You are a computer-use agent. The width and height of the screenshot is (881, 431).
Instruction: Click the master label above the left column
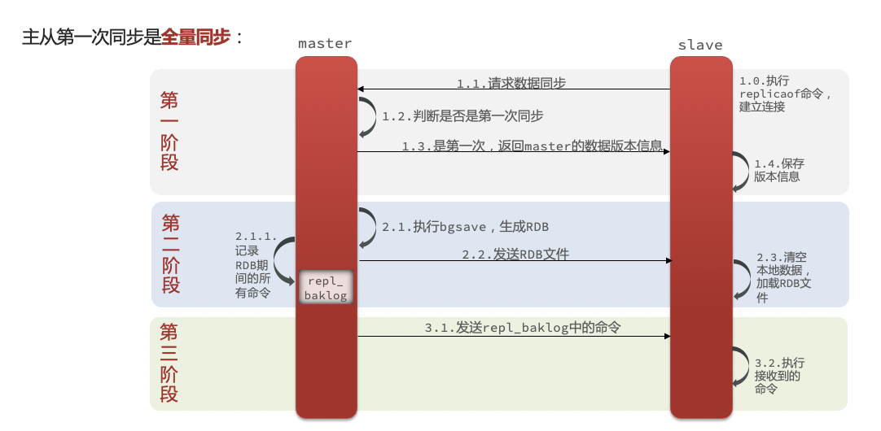(x=325, y=43)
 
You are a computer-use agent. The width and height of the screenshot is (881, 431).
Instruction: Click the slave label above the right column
(x=700, y=45)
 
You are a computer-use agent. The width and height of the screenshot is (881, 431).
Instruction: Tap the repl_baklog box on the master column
(x=326, y=287)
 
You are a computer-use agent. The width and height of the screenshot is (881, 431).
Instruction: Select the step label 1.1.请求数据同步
(x=511, y=84)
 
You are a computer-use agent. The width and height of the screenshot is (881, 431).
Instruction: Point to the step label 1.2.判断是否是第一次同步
(x=463, y=116)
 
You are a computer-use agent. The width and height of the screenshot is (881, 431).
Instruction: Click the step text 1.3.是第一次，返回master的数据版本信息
(x=532, y=146)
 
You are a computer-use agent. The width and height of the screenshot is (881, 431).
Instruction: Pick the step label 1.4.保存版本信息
(x=778, y=170)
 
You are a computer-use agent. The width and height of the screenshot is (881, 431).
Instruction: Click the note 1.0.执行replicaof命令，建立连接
(x=785, y=94)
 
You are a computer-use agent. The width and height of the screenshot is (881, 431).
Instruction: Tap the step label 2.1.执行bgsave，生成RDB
(x=465, y=227)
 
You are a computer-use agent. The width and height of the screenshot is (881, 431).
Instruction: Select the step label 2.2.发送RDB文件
(x=515, y=255)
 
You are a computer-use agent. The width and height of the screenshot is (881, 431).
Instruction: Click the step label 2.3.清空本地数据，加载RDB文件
(x=783, y=277)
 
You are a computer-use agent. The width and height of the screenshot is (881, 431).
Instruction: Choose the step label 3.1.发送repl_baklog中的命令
(x=523, y=328)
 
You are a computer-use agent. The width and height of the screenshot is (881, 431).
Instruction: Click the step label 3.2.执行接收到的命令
(x=778, y=376)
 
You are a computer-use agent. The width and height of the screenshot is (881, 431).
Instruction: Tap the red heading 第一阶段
(x=169, y=131)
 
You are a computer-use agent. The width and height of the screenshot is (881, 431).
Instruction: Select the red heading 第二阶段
(x=171, y=254)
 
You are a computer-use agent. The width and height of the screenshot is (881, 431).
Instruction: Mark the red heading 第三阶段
(x=169, y=363)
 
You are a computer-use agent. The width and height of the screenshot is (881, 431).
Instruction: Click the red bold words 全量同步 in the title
(x=195, y=37)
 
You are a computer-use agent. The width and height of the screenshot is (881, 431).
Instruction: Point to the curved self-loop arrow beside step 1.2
(x=374, y=117)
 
